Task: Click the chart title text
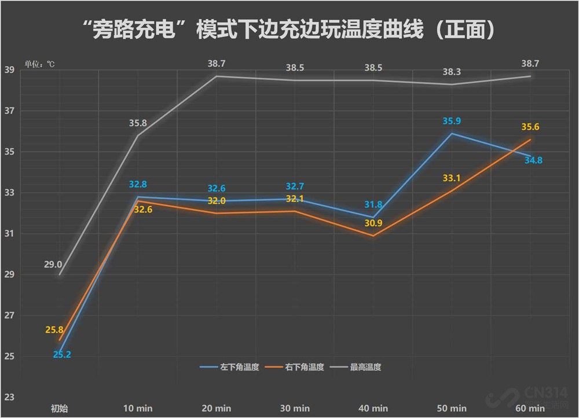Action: click(x=289, y=30)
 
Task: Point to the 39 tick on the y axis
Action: click(x=9, y=70)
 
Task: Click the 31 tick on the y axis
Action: click(x=9, y=233)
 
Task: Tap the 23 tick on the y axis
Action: click(x=9, y=397)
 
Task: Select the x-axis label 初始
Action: click(x=59, y=408)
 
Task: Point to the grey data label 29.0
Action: click(x=53, y=265)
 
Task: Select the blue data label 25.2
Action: click(x=61, y=354)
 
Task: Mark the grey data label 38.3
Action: click(x=452, y=72)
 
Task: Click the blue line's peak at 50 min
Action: click(x=451, y=134)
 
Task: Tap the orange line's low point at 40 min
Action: click(x=373, y=236)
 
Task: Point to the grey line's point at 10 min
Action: click(x=137, y=135)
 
